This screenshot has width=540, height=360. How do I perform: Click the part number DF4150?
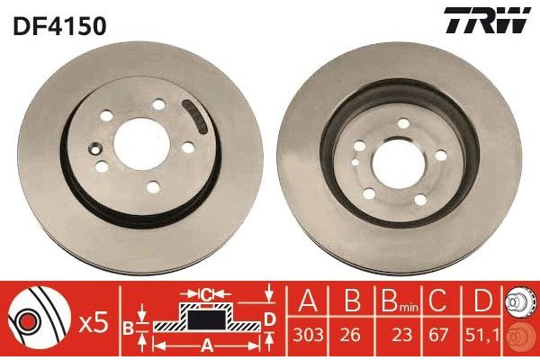click(59, 26)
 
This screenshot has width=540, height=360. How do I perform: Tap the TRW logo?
click(487, 20)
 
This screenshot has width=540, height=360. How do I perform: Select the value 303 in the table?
click(308, 335)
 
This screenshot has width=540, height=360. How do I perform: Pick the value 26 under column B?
click(351, 335)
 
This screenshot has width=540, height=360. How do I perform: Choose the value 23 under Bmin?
click(401, 335)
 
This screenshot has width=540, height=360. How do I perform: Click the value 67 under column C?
click(437, 335)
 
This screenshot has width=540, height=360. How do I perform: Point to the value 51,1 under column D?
click(482, 335)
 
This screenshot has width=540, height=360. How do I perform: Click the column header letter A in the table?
click(308, 300)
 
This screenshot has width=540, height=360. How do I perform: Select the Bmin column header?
click(399, 301)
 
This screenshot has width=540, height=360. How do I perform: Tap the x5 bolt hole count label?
click(94, 324)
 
